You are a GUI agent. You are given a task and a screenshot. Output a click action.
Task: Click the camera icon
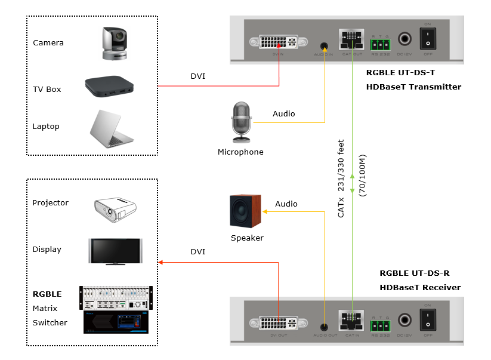(115, 42)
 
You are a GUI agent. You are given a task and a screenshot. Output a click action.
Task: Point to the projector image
(115, 208)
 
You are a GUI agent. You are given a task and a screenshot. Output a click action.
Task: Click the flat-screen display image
(115, 251)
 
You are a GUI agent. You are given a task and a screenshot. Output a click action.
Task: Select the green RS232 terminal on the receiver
(379, 326)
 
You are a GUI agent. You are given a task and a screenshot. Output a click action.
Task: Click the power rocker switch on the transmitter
(427, 40)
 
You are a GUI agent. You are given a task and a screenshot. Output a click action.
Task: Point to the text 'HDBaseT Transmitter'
(413, 87)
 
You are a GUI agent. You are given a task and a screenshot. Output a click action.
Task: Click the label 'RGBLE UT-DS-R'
(413, 273)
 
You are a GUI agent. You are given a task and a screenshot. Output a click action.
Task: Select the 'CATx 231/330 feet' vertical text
(341, 178)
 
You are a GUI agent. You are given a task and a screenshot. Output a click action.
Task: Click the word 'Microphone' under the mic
(240, 152)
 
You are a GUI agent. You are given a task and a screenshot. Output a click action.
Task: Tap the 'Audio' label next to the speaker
(286, 204)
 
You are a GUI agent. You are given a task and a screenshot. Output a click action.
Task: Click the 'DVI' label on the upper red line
(197, 76)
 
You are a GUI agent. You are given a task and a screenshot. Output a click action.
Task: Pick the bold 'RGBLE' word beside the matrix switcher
(47, 294)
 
